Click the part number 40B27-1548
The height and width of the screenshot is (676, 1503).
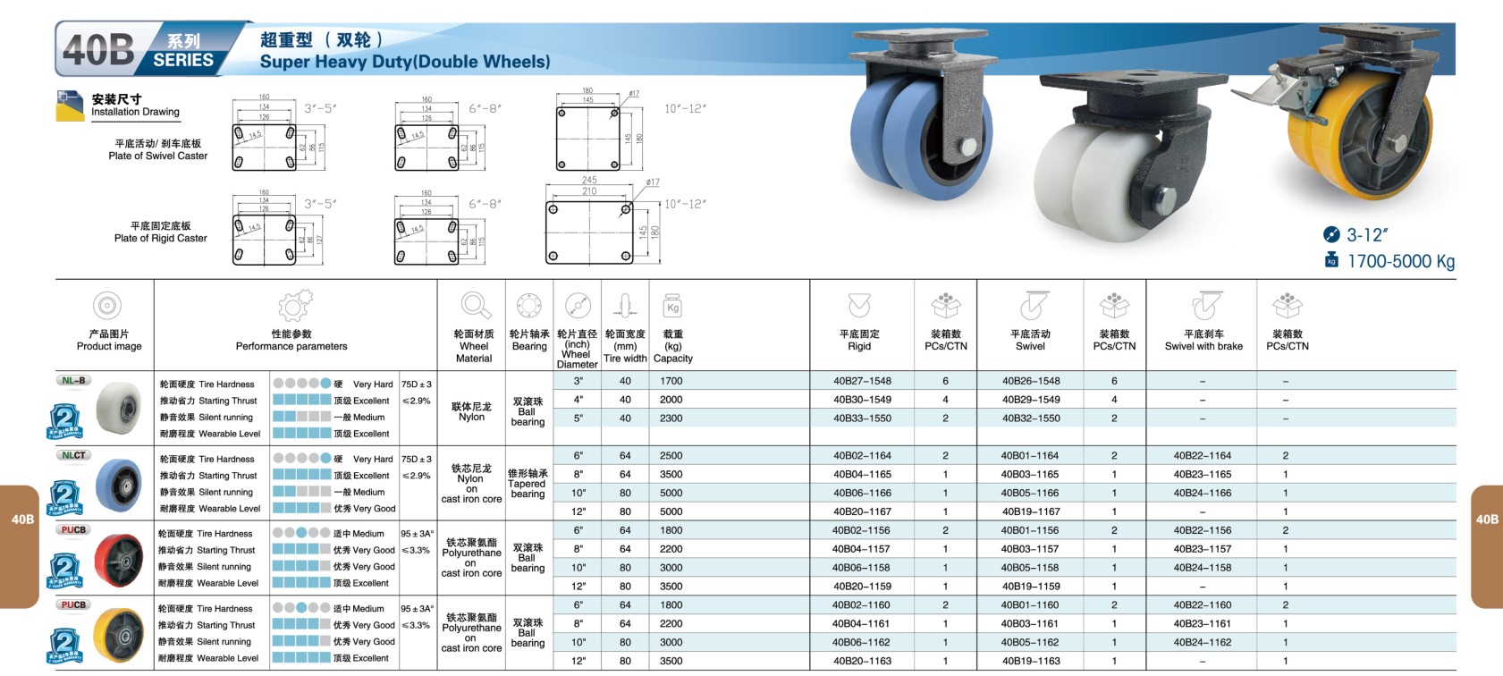coord(862,381)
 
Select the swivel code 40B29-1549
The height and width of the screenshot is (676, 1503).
coord(1031,400)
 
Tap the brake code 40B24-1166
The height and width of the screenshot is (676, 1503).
coord(1202,493)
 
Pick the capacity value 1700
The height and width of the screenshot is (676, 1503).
coord(671,381)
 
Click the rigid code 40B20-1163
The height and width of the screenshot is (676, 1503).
coord(862,661)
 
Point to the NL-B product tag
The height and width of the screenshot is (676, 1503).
coord(73,380)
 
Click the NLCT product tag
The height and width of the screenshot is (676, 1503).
coord(73,455)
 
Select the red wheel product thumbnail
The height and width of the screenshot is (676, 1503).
coord(117,561)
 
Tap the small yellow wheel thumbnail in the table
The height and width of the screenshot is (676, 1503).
coord(117,636)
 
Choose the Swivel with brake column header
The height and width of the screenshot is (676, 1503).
coord(1203,341)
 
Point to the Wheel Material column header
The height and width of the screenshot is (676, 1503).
coord(474,346)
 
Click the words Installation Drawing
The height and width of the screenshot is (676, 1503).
coord(135,112)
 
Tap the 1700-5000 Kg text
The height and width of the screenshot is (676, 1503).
coord(1400,261)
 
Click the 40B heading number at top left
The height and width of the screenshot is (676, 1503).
coord(98,49)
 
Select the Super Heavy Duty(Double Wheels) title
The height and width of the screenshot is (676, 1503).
coord(405,62)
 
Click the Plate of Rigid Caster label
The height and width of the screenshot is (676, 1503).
coord(160,238)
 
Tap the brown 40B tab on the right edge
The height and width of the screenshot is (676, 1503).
coord(1487,520)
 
